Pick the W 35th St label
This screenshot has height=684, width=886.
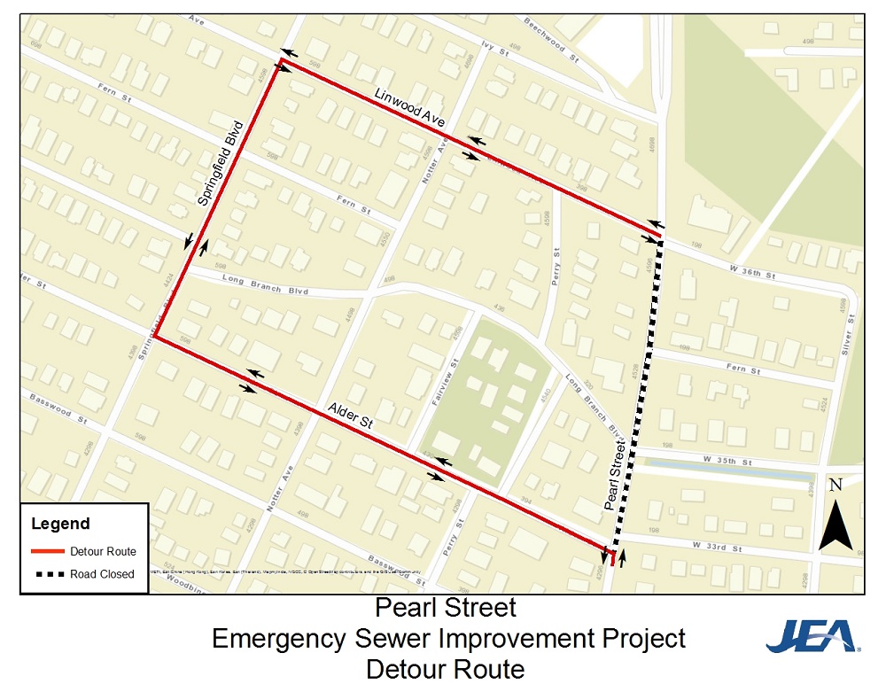point(726,462)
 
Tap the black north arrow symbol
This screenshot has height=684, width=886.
point(835,523)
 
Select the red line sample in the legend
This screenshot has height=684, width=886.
point(48,551)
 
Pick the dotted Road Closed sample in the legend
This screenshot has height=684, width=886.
point(48,574)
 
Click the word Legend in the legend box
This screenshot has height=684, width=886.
point(60,524)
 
